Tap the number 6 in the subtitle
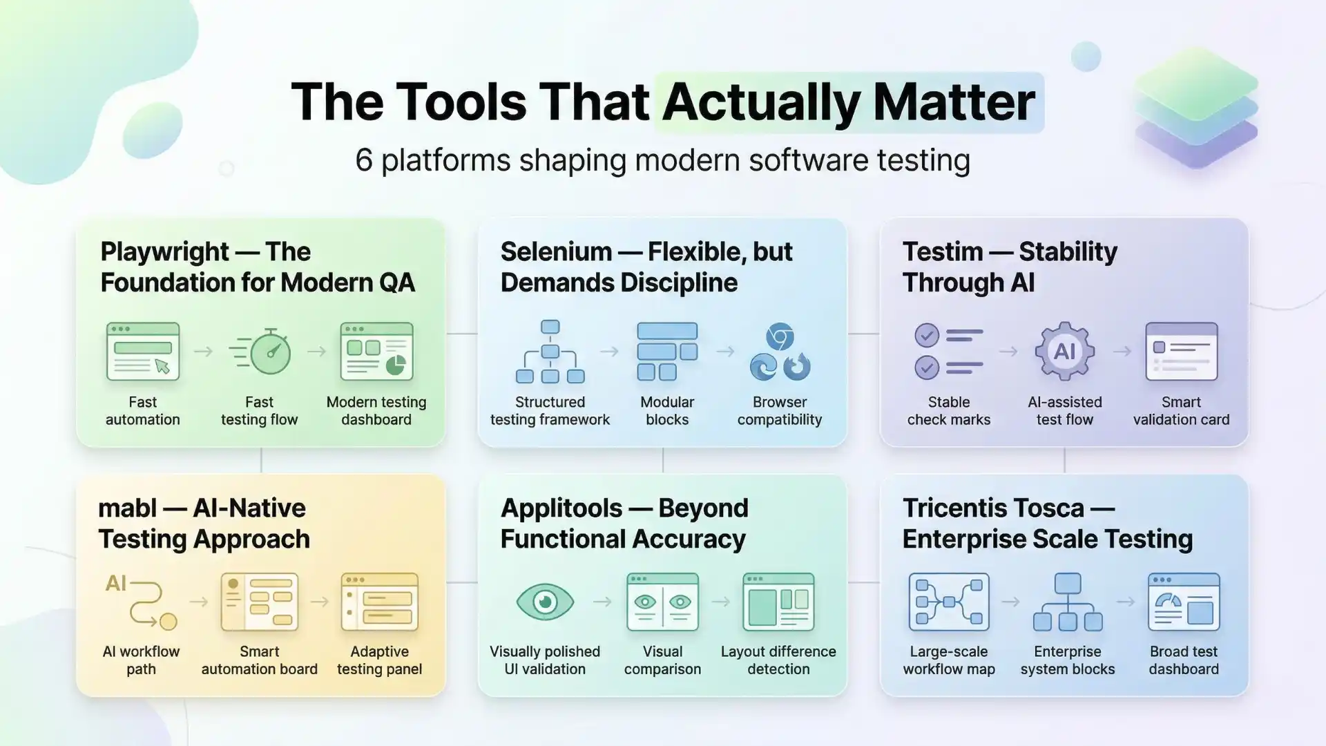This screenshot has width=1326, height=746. [x=364, y=160]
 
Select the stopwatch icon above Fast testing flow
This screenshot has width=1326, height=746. [x=260, y=352]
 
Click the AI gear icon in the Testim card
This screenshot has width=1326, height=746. [x=1064, y=352]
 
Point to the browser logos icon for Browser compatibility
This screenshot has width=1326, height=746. [x=780, y=352]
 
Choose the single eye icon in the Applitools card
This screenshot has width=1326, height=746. [x=545, y=602]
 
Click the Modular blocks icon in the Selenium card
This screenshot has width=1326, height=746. [x=666, y=352]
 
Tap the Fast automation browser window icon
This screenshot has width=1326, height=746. [x=143, y=352]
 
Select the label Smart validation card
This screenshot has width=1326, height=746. [x=1181, y=411]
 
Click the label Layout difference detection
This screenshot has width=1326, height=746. [x=778, y=660]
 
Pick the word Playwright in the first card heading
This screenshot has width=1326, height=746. [x=164, y=252]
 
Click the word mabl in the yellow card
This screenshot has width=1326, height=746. [x=128, y=508]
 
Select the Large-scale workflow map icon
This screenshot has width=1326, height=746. [x=949, y=602]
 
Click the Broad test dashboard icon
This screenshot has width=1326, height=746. [x=1184, y=602]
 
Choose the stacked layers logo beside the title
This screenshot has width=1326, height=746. [x=1196, y=107]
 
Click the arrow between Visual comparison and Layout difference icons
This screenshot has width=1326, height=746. [x=721, y=602]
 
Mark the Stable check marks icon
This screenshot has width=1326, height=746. [x=948, y=352]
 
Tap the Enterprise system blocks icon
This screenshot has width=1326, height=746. [x=1068, y=602]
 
